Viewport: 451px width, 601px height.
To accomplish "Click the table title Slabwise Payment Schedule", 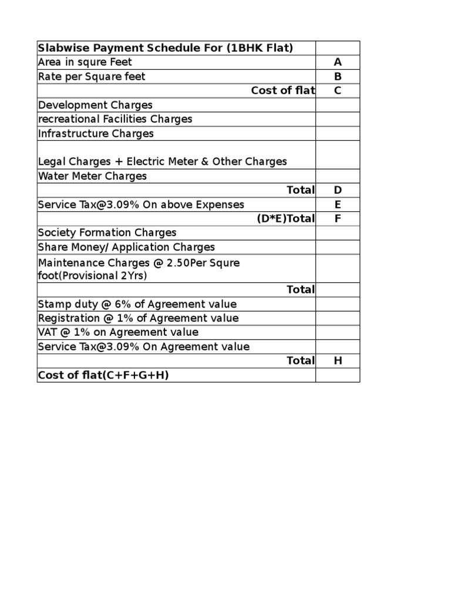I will pos(165,48).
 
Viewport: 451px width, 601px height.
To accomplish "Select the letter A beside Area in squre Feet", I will pos(338,62).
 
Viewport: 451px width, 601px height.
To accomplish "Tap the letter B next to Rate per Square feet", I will pos(338,76).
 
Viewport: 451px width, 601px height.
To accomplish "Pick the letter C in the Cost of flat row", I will pos(338,90).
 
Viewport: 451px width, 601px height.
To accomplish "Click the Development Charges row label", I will pos(95,105).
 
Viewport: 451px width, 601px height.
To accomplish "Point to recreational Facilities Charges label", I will pos(115,119).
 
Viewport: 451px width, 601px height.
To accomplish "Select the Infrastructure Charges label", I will pos(96,133).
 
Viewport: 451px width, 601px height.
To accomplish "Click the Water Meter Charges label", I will pos(92,176).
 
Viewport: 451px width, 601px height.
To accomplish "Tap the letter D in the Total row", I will pos(338,190).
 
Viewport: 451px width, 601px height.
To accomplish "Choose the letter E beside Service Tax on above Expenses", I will pos(338,204).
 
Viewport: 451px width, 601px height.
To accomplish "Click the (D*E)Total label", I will pos(285,218).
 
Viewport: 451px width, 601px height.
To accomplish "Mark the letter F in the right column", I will pos(338,218).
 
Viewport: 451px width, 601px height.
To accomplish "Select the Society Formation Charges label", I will pos(107,233).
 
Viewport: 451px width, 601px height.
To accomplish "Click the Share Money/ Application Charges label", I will pos(126,247).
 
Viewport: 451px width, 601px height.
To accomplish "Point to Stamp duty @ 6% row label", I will pos(137,304).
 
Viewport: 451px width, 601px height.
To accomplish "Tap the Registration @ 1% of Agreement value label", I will pos(138,318).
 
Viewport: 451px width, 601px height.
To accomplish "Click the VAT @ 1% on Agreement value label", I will pos(118,332).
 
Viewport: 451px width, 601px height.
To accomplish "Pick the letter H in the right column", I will pos(338,361).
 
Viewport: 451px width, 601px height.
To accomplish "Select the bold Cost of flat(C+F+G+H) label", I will pos(103,375).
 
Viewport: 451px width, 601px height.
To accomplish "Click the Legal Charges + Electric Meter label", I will pos(162,161).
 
